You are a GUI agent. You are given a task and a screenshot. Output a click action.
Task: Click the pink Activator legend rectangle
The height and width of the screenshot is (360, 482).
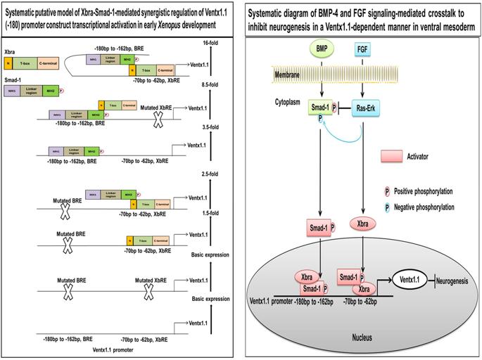395,155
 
